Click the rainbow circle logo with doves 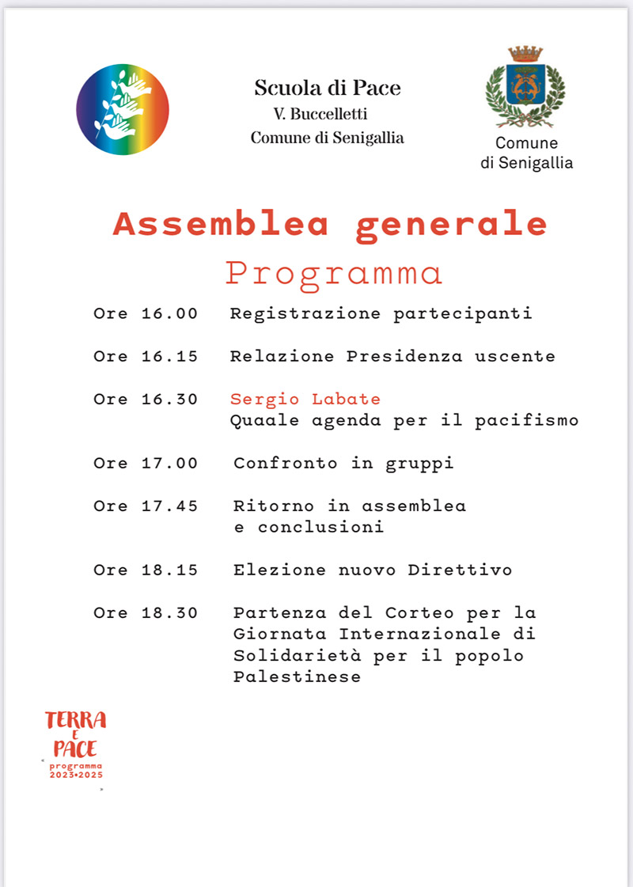coord(123,109)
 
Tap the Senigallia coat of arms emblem coord(525,87)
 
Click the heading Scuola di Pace coord(328,89)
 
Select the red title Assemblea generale coord(330,225)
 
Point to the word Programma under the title coord(333,273)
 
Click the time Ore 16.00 coord(146,314)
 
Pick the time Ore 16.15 coord(146,357)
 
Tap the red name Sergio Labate coord(305,400)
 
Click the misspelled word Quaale coord(253,421)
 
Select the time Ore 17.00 coord(146,464)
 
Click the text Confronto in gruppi coord(343,464)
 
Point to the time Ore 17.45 coord(146,506)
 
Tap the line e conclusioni coord(309,528)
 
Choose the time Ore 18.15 coord(146,570)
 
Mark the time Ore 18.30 coord(146,613)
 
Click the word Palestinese coord(297,677)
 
